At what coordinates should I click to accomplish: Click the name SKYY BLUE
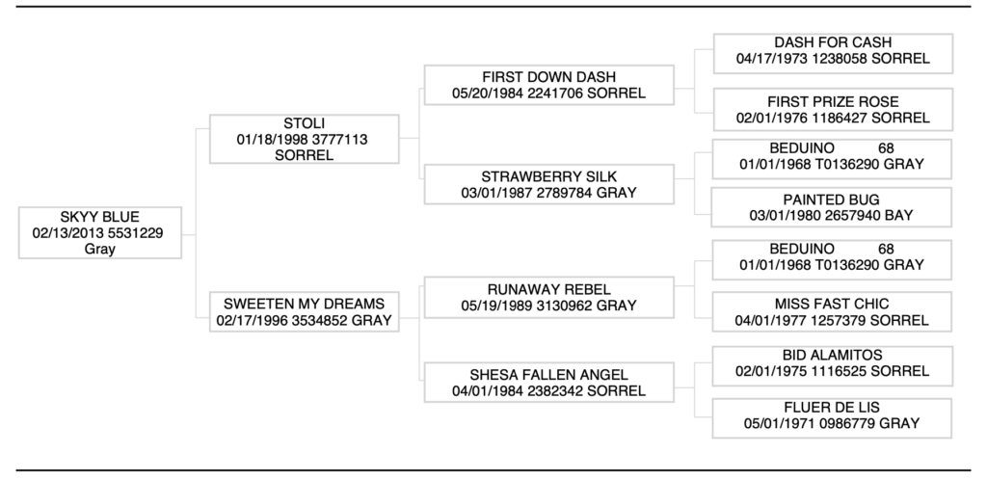click(x=100, y=216)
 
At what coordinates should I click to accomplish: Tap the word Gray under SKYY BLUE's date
click(x=100, y=249)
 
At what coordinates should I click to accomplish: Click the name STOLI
click(x=304, y=123)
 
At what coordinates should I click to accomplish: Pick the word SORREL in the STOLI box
click(x=304, y=155)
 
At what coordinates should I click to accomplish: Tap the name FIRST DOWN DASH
click(x=548, y=77)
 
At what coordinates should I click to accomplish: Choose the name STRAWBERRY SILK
click(x=548, y=176)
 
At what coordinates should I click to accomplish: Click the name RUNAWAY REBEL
click(x=548, y=289)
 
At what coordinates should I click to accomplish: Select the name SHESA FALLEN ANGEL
click(x=548, y=374)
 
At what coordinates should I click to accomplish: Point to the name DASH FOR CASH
click(x=833, y=42)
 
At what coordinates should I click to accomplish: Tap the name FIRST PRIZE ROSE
click(x=833, y=101)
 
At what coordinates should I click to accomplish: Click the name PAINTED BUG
click(x=833, y=198)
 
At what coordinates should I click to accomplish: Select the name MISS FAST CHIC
click(x=833, y=304)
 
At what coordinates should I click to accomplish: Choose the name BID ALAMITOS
click(x=833, y=355)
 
